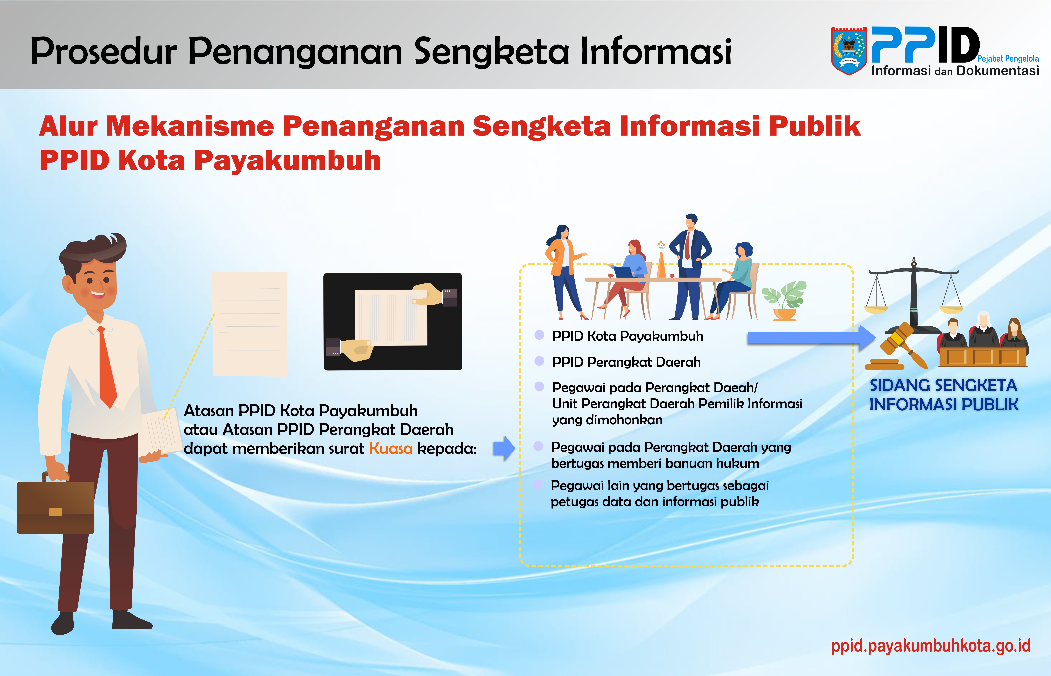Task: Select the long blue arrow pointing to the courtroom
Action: [x=812, y=337]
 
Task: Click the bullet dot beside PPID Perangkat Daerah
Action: [x=539, y=361]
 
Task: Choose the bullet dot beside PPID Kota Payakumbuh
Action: [x=539, y=335]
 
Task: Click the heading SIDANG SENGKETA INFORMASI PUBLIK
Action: [x=944, y=395]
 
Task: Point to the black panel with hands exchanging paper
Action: [x=393, y=321]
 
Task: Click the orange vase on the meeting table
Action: [x=661, y=263]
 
